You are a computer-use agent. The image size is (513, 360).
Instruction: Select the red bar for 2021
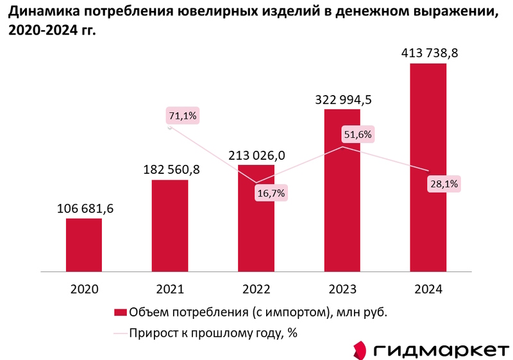point(170,225)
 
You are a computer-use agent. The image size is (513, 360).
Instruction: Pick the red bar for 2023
point(342,190)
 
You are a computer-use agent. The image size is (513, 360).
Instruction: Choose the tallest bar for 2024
point(428,167)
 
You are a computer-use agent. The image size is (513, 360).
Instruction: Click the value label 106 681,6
point(84,209)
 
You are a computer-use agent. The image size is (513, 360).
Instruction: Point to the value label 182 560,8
point(170,170)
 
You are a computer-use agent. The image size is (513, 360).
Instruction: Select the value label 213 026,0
point(256,155)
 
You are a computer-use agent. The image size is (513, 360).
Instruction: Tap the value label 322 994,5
point(342,99)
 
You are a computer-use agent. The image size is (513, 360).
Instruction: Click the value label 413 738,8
point(428,54)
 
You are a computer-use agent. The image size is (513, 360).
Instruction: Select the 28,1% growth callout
point(444,184)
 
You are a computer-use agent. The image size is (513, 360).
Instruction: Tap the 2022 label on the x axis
point(256,289)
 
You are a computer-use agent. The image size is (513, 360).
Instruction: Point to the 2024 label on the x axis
point(428,289)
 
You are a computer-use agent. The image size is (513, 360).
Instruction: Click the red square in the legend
point(120,313)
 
